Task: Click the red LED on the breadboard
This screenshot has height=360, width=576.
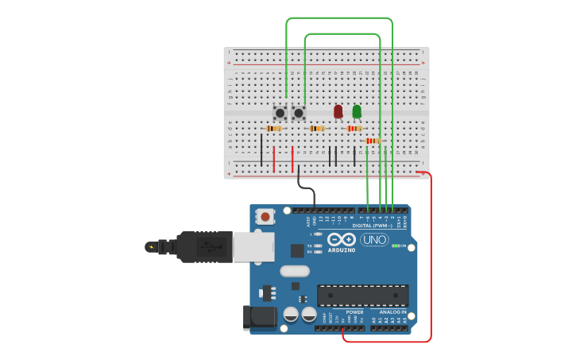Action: click(x=338, y=111)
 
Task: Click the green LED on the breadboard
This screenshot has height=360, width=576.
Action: click(x=357, y=111)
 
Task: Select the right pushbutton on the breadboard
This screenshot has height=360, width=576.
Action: click(x=299, y=113)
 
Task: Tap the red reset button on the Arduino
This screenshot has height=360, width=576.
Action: click(x=265, y=215)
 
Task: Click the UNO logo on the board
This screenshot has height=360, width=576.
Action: click(x=374, y=239)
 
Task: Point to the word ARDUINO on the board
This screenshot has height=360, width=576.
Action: click(x=342, y=250)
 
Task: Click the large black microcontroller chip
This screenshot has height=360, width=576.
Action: click(x=362, y=295)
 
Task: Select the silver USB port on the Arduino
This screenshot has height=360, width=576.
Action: click(x=253, y=246)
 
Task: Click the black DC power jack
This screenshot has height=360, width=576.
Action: click(x=260, y=317)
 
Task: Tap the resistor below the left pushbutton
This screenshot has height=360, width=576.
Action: click(x=274, y=128)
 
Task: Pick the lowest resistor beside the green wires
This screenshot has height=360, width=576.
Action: click(x=373, y=141)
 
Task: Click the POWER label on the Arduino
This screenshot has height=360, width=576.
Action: click(x=354, y=312)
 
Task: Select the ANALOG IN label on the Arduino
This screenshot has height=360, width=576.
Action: click(x=392, y=312)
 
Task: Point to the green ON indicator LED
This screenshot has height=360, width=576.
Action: click(x=395, y=246)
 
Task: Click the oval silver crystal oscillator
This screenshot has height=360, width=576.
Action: click(x=295, y=271)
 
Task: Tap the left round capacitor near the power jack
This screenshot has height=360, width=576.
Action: click(x=291, y=315)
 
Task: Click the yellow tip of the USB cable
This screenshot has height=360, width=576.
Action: click(x=150, y=247)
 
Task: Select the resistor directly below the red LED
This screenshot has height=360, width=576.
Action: click(x=354, y=128)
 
